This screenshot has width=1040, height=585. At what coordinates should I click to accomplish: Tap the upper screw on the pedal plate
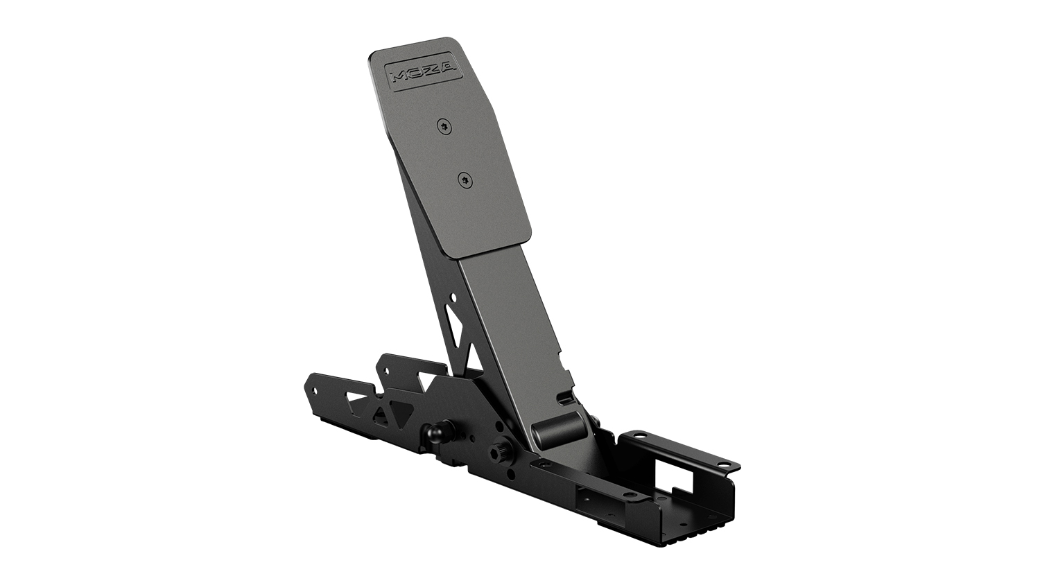pos(444,125)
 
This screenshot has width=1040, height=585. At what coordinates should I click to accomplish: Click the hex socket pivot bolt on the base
pos(500,453)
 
